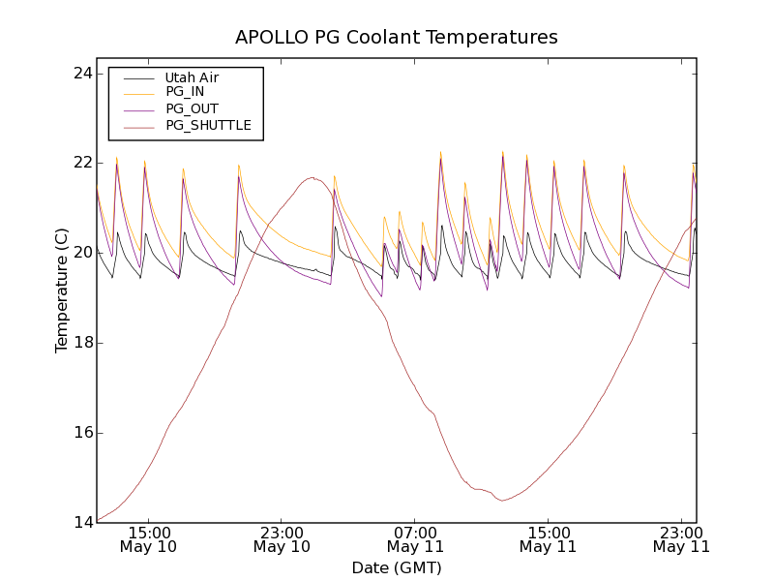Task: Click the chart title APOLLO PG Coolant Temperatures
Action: pos(397,37)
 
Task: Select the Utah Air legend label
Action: pos(192,77)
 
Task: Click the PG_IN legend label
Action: pos(185,92)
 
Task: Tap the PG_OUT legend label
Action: pos(192,108)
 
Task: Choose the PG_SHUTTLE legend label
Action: pos(208,125)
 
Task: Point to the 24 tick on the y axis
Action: pos(81,74)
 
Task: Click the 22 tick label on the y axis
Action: pos(81,163)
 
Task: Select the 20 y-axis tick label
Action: pos(81,253)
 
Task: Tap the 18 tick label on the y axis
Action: pos(81,343)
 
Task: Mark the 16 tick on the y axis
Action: pos(81,433)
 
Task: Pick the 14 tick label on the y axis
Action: pos(81,523)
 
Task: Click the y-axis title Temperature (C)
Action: pos(62,290)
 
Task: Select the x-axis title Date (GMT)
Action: pos(397,567)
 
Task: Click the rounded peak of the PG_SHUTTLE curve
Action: pos(312,177)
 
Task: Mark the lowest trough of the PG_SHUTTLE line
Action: pos(502,500)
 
